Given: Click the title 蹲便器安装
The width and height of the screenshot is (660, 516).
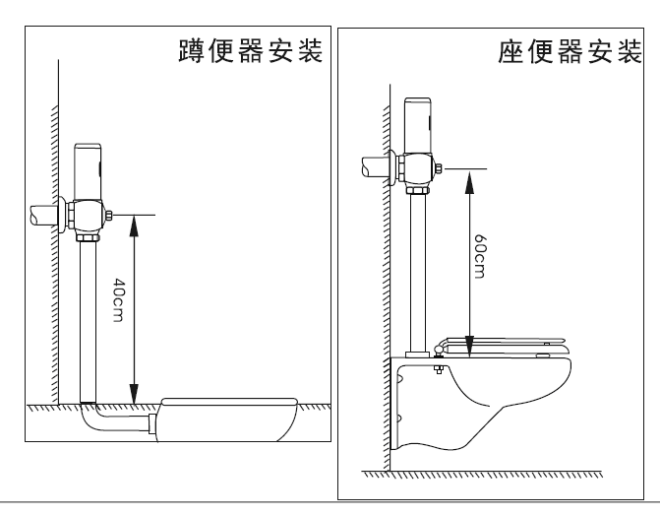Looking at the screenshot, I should (250, 50).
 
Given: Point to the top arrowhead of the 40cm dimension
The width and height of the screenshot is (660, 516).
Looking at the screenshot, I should (133, 219).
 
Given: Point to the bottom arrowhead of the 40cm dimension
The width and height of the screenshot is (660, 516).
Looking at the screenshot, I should (133, 398).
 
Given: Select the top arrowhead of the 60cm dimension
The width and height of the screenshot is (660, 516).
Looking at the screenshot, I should (470, 173).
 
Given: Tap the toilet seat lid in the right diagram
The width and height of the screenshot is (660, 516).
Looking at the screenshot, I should (502, 344).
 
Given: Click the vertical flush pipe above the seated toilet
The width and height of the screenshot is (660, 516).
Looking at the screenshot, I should (418, 266).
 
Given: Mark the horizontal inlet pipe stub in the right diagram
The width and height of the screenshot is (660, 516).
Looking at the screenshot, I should (377, 166).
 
